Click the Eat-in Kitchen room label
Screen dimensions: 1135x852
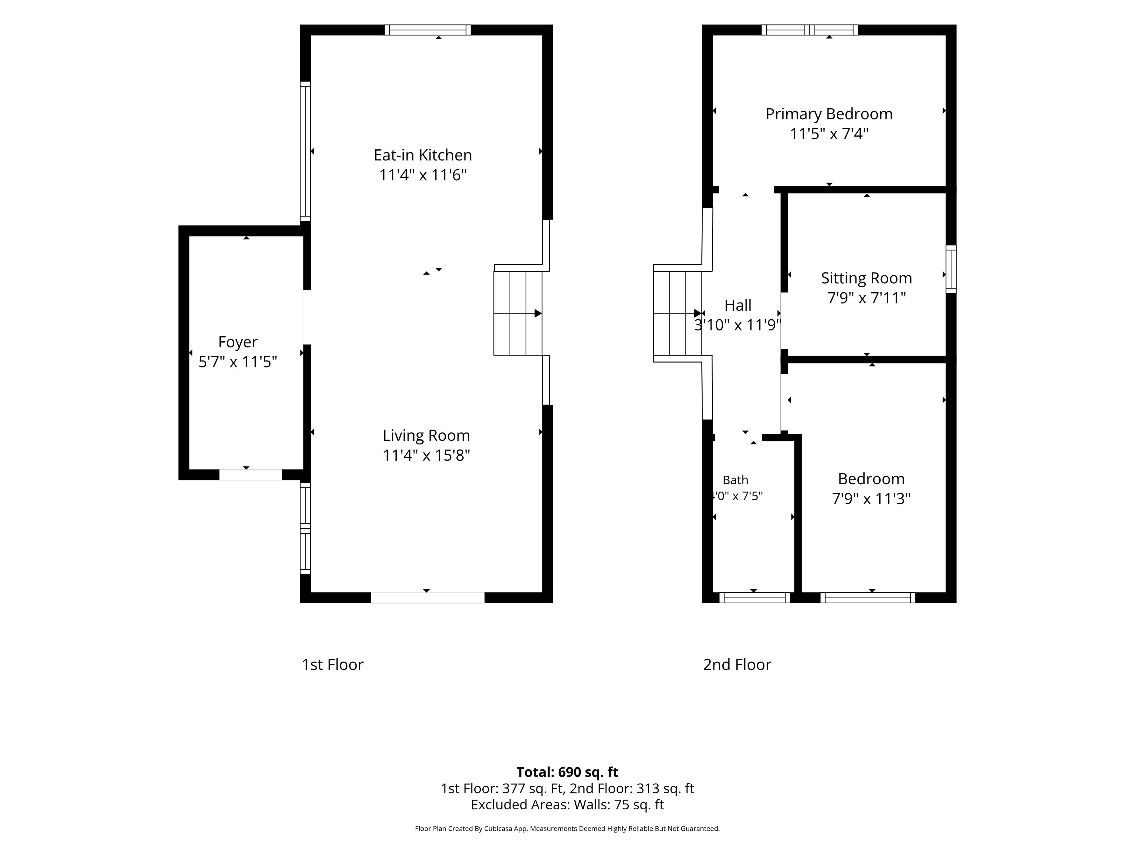coord(423,155)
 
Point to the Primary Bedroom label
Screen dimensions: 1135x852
coord(829,114)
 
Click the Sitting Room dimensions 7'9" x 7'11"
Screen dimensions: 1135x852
coord(867,298)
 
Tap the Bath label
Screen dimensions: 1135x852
coord(735,480)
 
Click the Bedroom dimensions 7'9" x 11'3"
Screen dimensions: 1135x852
coord(871,499)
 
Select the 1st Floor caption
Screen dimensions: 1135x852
coord(333,664)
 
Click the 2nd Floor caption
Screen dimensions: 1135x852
coord(737,664)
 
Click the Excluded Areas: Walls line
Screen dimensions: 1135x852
coord(567,805)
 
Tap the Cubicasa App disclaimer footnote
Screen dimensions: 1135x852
coord(567,828)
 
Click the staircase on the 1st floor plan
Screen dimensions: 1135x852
coord(518,313)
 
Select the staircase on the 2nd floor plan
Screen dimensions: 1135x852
coord(678,313)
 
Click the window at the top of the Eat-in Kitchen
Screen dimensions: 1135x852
coord(427,30)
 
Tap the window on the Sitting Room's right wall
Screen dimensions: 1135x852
coord(951,269)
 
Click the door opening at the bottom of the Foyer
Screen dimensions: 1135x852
coord(250,475)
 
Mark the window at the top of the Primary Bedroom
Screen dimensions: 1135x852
coord(810,30)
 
